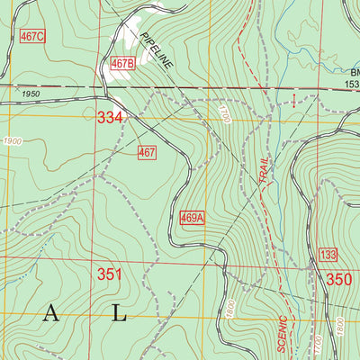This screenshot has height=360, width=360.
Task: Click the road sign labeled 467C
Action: pyautogui.click(x=31, y=36)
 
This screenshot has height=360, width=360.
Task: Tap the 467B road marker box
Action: pyautogui.click(x=122, y=64)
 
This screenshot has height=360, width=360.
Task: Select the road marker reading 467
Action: pyautogui.click(x=148, y=153)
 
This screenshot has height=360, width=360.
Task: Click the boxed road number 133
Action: pyautogui.click(x=328, y=256)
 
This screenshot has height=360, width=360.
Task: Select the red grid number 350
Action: pyautogui.click(x=339, y=279)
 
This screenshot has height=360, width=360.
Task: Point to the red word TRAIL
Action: pyautogui.click(x=263, y=169)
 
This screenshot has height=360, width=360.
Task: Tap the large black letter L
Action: pyautogui.click(x=119, y=313)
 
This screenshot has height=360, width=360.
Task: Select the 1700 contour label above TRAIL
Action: pyautogui.click(x=225, y=113)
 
